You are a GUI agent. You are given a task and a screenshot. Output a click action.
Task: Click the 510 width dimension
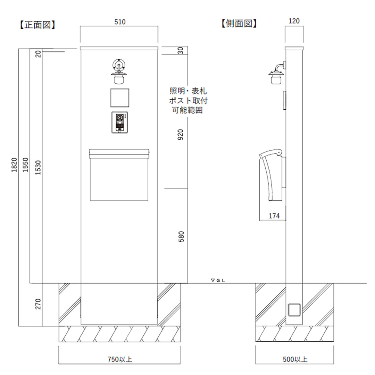tap(120, 22)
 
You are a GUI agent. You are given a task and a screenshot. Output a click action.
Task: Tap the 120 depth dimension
tap(294, 21)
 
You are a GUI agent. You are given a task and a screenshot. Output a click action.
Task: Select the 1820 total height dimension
tap(14, 165)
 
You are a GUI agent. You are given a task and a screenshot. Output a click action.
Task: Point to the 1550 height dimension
tap(25, 165)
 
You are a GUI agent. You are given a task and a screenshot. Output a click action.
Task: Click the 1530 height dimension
tap(38, 167)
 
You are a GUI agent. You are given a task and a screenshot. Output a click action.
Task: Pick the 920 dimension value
tap(181, 135)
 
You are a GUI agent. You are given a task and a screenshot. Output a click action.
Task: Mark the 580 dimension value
tap(181, 237)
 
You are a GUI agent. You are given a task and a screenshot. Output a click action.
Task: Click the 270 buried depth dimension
tap(38, 304)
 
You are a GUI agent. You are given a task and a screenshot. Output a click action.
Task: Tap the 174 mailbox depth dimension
tap(274, 216)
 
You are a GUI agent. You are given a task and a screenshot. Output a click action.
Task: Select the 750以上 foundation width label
tap(120, 359)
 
